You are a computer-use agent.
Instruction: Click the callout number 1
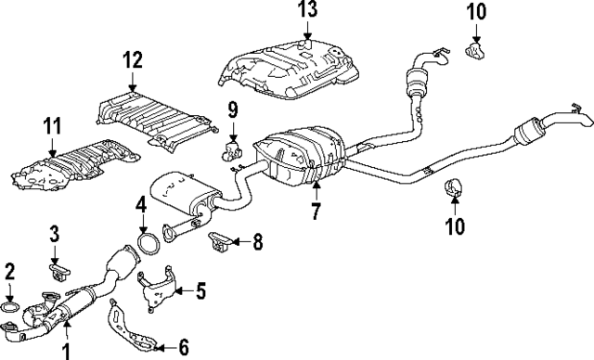66,350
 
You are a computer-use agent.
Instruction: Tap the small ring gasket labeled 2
10,307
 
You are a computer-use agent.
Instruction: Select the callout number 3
55,233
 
